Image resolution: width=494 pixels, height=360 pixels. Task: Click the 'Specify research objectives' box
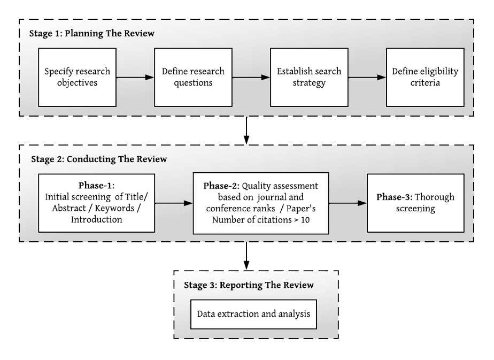[x=78, y=77]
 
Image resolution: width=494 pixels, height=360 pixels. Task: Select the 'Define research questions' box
[x=193, y=77]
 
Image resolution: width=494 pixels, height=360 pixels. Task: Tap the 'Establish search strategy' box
[x=309, y=77]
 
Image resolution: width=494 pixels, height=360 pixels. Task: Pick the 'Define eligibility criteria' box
[x=425, y=77]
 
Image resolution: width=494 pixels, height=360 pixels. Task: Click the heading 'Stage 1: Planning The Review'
[x=92, y=34]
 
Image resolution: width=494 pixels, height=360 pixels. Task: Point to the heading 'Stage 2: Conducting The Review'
[x=99, y=159]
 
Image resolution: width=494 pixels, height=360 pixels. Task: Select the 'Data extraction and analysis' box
[x=253, y=313]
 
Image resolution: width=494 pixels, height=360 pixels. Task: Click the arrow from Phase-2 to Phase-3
[x=348, y=203]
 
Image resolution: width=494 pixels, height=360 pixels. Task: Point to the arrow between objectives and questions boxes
[x=135, y=78]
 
